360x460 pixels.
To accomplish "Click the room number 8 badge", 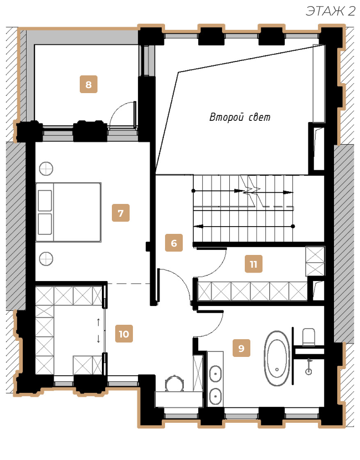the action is coord(89,84).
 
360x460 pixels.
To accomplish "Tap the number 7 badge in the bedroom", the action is coord(121,213).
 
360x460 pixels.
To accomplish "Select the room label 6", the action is coord(174,243).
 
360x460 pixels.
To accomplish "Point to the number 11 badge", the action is coord(254,264).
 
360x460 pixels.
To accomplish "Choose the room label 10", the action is coord(124,334).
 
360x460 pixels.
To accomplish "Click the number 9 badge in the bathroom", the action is coord(241,348).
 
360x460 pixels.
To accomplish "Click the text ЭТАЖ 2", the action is coord(331,11).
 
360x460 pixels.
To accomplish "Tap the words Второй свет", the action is coord(240,117).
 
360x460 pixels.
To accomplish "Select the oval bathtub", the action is coord(277,358).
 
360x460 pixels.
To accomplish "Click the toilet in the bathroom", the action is coord(308,337).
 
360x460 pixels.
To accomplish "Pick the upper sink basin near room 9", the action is coord(215,374).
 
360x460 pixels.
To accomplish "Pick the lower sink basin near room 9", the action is coord(215,396).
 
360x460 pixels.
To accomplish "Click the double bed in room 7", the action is coord(69,212).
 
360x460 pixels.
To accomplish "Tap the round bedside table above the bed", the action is coord(46,168).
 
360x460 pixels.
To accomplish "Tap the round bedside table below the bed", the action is coord(46,259).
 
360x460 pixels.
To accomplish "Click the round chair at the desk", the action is coord(174,384).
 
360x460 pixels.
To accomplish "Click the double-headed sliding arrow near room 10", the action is coord(99,330).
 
